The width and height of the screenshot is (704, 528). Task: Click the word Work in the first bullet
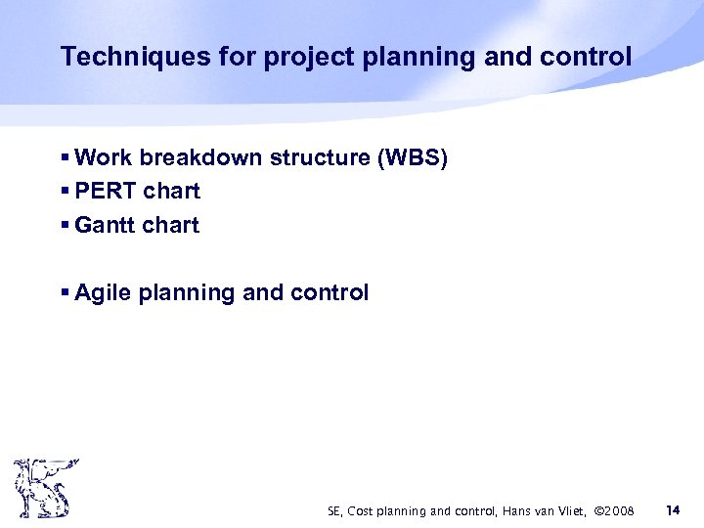click(x=103, y=157)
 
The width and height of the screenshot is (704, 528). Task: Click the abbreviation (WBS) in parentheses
click(x=415, y=157)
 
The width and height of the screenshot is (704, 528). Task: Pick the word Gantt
click(x=104, y=225)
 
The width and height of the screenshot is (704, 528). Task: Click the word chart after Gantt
click(x=169, y=225)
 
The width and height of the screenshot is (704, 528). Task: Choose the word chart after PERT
click(x=171, y=191)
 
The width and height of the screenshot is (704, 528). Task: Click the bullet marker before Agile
click(x=65, y=292)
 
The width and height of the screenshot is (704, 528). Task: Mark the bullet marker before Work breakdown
click(x=65, y=157)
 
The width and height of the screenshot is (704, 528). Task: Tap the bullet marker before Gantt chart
click(x=65, y=225)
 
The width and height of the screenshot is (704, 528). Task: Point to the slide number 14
click(x=673, y=509)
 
